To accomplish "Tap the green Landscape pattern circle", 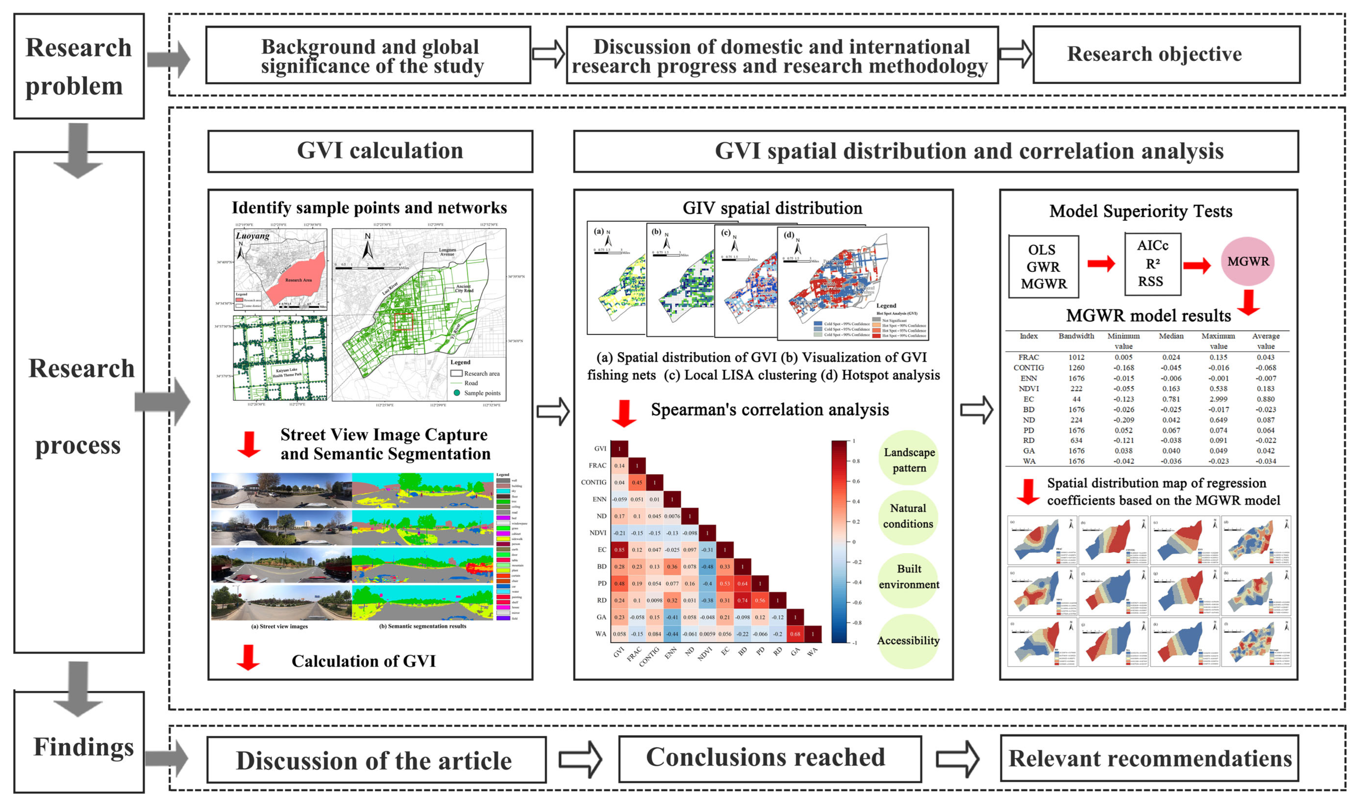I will click(x=909, y=459).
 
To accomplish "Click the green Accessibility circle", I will click(x=908, y=641).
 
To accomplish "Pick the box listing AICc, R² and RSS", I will click(x=1152, y=264).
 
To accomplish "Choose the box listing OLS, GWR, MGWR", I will click(x=1043, y=267).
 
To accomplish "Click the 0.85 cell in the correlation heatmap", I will click(x=619, y=549).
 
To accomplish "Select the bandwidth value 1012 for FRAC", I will click(x=1076, y=357).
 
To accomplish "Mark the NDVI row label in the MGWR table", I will click(x=1029, y=388).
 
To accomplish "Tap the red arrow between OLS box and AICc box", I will click(x=1101, y=264).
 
